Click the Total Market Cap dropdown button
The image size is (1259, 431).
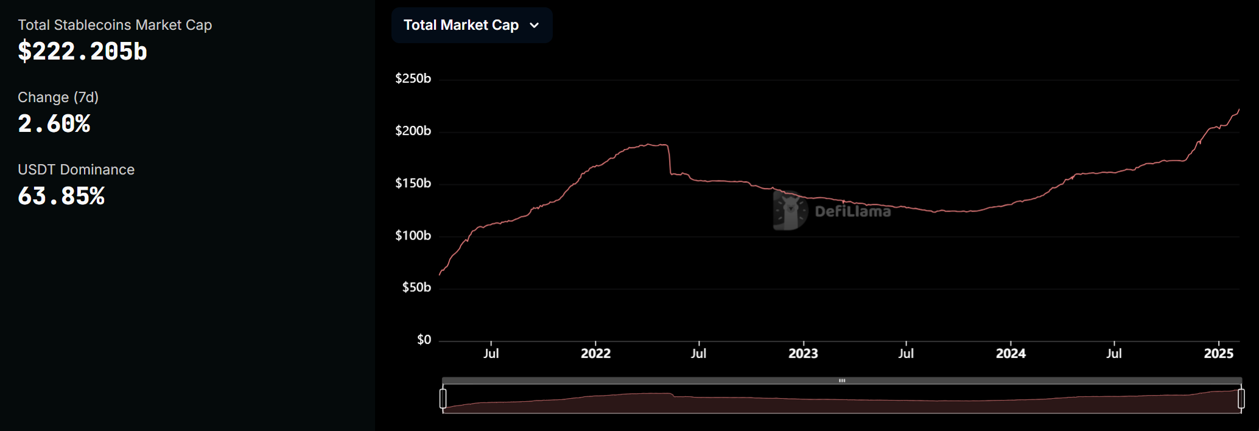(x=472, y=26)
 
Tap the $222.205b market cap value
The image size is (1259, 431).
(x=83, y=52)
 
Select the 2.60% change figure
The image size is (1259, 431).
(x=54, y=124)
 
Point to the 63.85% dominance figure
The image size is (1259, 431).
(x=61, y=196)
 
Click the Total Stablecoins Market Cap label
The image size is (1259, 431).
(x=115, y=25)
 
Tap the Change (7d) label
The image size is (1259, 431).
(x=58, y=97)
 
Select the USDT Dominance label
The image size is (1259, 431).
(x=76, y=170)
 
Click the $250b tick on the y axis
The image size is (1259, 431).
(x=413, y=78)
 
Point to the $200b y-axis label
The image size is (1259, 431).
(x=413, y=131)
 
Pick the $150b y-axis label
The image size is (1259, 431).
(x=413, y=183)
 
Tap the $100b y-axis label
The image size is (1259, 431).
(x=413, y=235)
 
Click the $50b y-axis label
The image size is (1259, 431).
(x=416, y=287)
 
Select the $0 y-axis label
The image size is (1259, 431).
(x=424, y=340)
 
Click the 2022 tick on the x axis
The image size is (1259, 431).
(x=595, y=354)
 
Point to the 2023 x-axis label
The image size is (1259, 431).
(x=803, y=354)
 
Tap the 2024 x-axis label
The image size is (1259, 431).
(x=1011, y=354)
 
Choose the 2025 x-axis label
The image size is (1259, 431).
(x=1218, y=354)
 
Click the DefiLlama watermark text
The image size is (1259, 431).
(x=852, y=212)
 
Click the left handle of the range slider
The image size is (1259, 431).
(x=443, y=399)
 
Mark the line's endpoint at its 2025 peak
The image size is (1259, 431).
(x=1239, y=109)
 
